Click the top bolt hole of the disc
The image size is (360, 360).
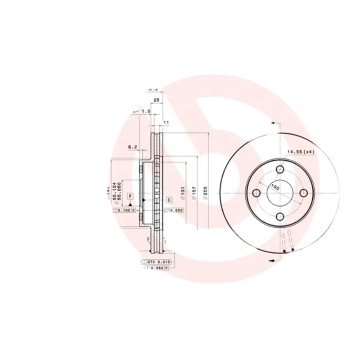280,169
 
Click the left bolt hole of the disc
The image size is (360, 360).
256,193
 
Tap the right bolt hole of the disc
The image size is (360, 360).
304,193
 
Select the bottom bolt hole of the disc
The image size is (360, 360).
280,217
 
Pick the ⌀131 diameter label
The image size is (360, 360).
183,193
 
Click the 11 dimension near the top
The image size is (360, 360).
166,122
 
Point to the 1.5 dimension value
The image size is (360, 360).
145,111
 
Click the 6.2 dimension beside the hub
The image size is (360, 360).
132,147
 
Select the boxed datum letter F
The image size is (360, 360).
130,196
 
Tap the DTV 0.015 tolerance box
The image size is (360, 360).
156,261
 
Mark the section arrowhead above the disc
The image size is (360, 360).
273,122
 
